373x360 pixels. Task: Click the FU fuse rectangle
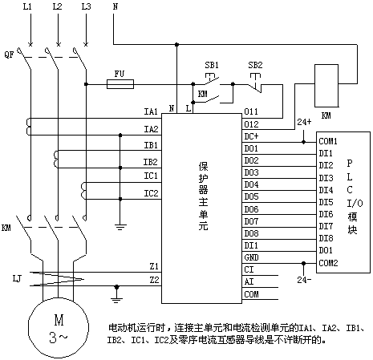click(x=120, y=84)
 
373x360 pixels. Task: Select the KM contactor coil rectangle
click(x=326, y=86)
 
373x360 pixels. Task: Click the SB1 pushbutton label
click(x=212, y=65)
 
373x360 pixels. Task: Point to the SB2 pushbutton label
click(x=255, y=65)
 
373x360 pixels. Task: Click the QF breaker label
click(x=9, y=55)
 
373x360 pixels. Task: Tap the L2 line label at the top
click(x=57, y=6)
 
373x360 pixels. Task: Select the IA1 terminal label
click(x=151, y=111)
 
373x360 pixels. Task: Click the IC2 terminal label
click(x=151, y=193)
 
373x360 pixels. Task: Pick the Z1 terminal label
click(x=154, y=266)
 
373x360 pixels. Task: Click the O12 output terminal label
click(x=251, y=124)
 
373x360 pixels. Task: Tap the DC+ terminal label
click(x=251, y=136)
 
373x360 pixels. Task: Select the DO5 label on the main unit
click(x=251, y=196)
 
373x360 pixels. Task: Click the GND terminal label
click(x=251, y=257)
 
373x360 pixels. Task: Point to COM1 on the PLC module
click(x=328, y=141)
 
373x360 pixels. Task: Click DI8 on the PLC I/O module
click(x=326, y=238)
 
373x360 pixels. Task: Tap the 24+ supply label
click(x=304, y=122)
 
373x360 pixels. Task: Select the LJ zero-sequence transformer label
click(x=17, y=279)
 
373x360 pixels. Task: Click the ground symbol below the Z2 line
click(x=116, y=297)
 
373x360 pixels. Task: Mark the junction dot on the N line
click(x=176, y=44)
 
